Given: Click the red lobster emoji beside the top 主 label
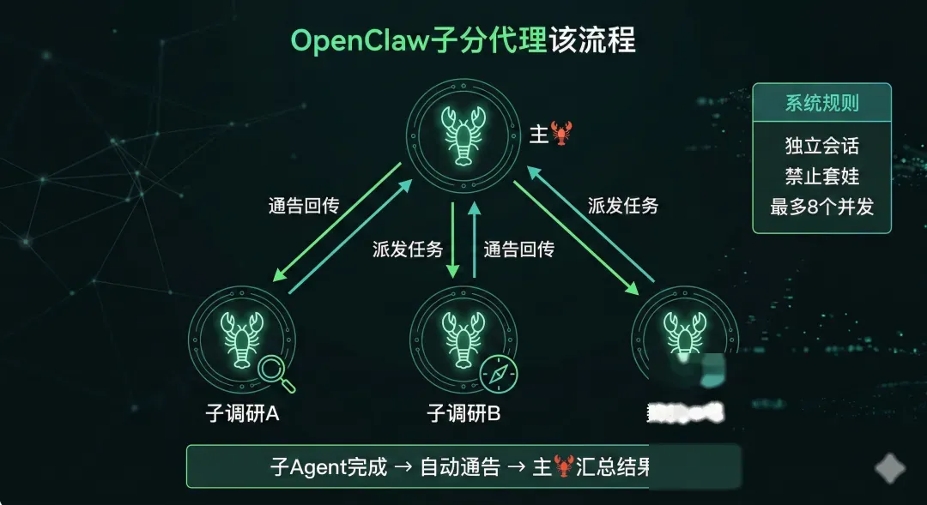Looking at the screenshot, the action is coord(561,133).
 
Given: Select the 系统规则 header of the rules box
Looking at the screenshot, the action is coord(821,104).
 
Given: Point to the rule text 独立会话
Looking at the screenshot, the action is coord(821,145).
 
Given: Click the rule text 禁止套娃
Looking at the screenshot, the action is coord(821,176).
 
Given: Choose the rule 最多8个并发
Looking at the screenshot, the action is coord(821,207).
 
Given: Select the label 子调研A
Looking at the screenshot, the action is coord(237,413).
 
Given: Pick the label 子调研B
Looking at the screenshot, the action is coord(463,413).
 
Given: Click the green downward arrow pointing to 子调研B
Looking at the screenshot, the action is coord(452,240).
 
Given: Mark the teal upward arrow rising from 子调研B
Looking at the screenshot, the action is coord(473,240).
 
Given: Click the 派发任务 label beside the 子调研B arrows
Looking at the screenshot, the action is coord(408,249).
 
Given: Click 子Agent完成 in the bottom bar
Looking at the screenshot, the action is coord(329,468).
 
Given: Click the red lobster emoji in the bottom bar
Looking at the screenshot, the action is coord(563,468).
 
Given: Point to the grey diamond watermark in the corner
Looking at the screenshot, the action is coord(890,469).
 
